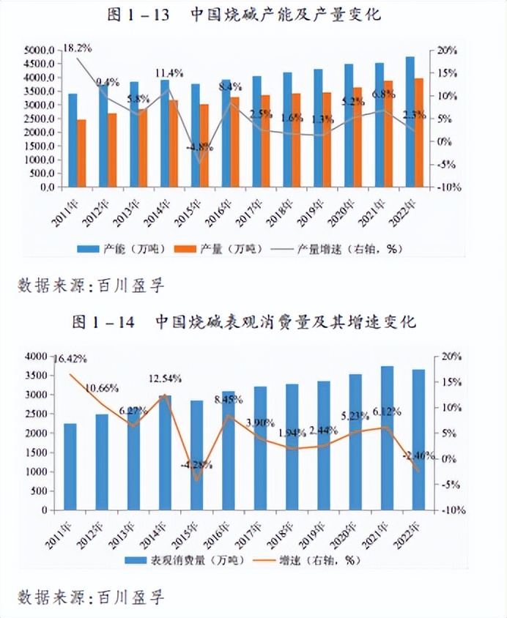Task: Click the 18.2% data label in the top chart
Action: point(77,48)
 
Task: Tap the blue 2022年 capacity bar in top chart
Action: point(410,122)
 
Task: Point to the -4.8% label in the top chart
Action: point(199,146)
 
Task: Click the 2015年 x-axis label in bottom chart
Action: point(193,529)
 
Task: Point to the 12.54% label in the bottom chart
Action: point(164,379)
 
